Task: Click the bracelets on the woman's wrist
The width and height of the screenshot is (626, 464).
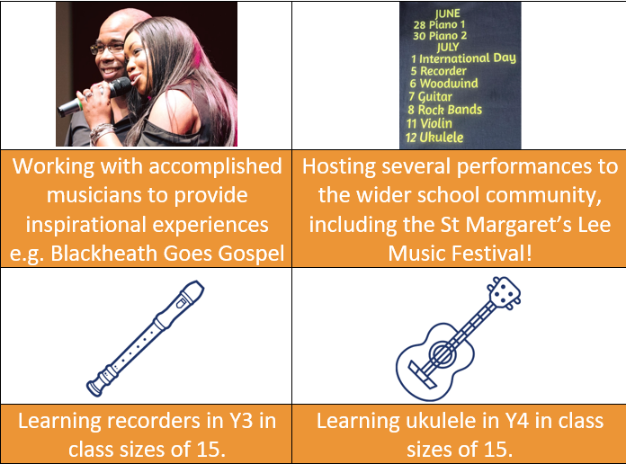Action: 101,132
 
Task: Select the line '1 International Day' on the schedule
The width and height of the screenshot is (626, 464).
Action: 463,58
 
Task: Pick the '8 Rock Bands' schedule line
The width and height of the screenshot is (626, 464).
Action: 444,110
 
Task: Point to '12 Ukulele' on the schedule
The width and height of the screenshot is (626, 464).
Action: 434,138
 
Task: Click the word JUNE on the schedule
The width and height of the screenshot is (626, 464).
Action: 448,13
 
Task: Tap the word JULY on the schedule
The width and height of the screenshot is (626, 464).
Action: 448,47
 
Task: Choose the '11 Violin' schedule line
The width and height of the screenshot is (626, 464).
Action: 429,123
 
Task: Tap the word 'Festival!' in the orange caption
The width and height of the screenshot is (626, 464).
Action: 492,254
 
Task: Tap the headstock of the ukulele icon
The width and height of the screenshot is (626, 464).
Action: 504,292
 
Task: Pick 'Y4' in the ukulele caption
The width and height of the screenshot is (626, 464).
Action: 516,421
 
